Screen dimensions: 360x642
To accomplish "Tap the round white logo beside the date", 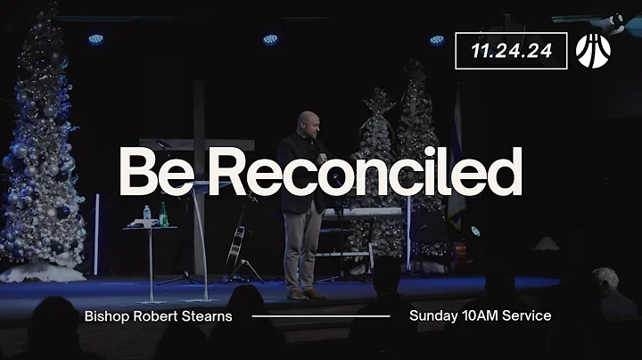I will click(593, 50).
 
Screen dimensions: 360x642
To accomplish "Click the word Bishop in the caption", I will click(107, 315).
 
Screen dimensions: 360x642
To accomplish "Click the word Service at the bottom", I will click(525, 315).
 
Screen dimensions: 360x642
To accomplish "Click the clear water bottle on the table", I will click(147, 217).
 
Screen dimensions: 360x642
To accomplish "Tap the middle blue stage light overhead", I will click(270, 39).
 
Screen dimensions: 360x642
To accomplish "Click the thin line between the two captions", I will click(321, 316).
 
